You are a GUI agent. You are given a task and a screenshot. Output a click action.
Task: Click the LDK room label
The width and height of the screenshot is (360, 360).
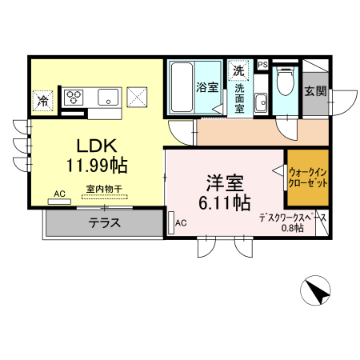(98, 146)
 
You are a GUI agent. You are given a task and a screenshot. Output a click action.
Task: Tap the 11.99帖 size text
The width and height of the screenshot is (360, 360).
(98, 165)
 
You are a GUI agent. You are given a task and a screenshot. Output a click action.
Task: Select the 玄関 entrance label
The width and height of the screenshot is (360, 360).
(314, 91)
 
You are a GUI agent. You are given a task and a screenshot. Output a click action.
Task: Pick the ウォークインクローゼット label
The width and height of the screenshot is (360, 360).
(308, 177)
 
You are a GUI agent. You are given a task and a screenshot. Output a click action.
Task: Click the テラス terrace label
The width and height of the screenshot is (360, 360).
(104, 223)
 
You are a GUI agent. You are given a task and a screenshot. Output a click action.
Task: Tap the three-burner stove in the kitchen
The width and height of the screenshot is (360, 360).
(74, 96)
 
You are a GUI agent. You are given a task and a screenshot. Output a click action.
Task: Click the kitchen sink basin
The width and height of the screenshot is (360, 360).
(107, 97)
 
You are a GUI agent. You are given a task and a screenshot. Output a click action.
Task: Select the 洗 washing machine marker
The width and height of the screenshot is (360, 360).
(238, 70)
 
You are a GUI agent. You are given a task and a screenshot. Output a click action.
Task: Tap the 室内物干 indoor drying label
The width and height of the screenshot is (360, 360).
(104, 190)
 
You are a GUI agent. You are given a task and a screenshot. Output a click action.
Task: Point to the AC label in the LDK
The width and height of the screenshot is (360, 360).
(59, 194)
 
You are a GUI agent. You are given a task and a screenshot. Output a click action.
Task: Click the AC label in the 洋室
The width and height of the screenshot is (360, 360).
(180, 222)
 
